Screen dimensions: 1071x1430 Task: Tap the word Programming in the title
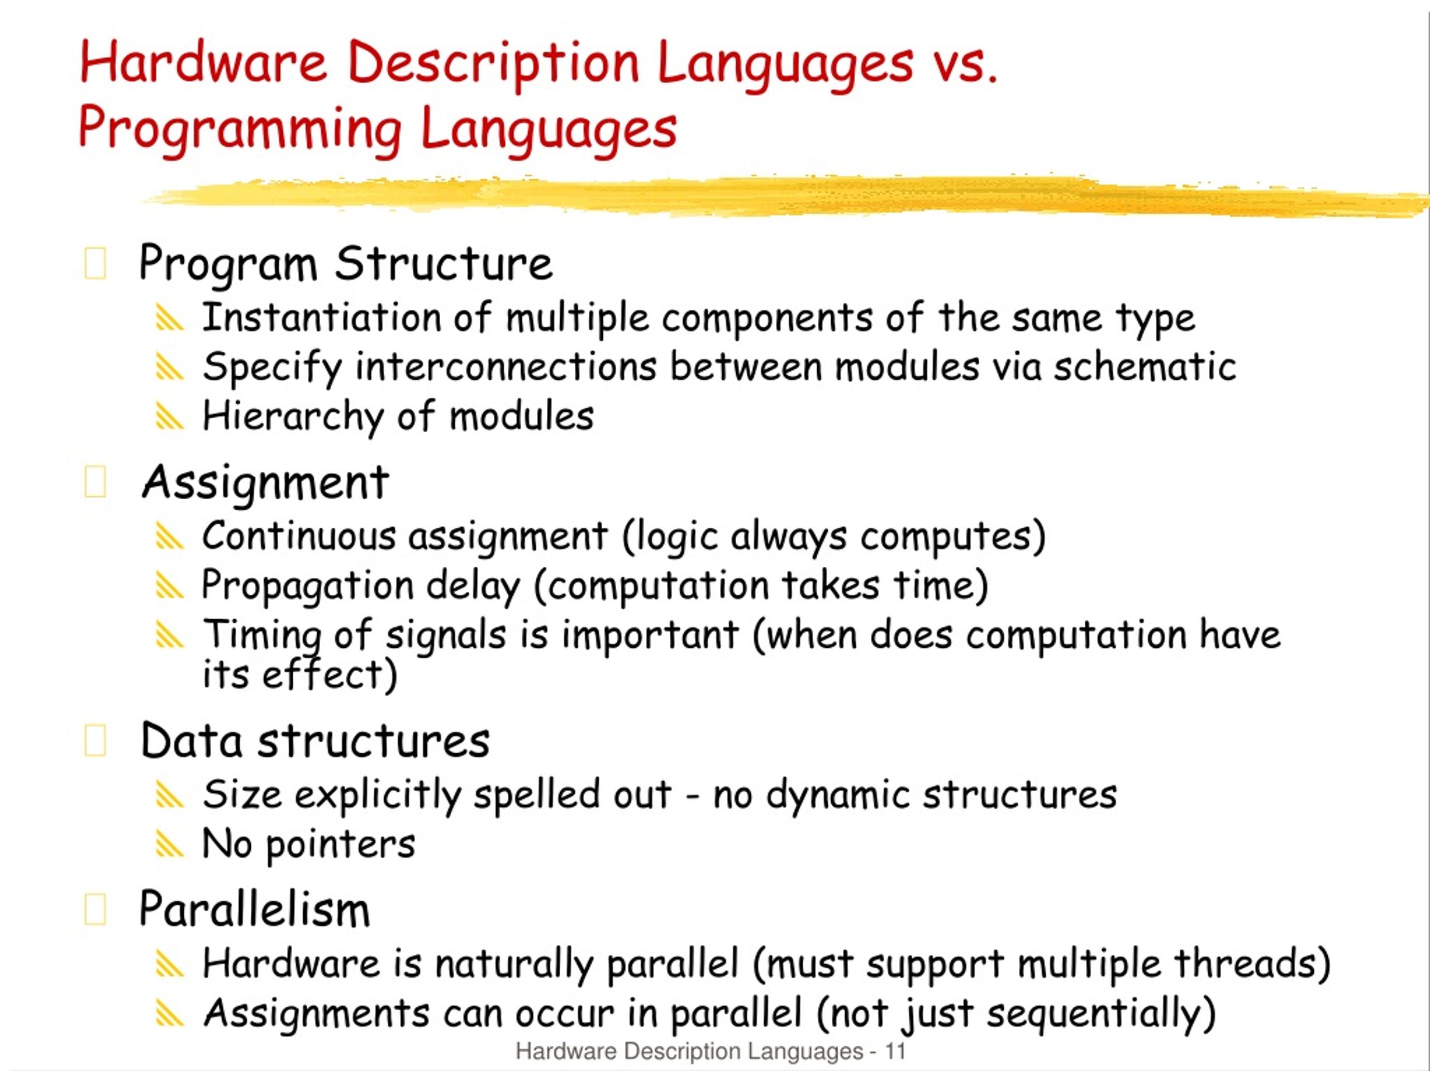point(240,128)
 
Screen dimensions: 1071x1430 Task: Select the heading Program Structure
point(346,264)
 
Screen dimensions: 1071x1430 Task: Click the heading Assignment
point(265,482)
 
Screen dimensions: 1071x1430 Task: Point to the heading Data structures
point(315,741)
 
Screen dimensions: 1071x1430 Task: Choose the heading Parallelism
point(254,910)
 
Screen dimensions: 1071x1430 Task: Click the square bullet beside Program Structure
point(95,264)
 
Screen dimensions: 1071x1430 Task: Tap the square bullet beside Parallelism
point(95,910)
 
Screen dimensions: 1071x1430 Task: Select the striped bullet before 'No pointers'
point(169,845)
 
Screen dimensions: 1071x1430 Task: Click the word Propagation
point(307,586)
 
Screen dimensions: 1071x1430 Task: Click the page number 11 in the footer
point(895,1051)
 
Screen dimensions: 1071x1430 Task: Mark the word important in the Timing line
point(650,635)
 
